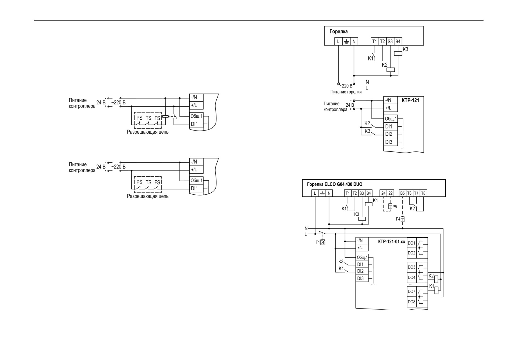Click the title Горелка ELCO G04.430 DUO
(335, 184)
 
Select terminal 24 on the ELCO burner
(383, 193)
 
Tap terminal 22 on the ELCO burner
(390, 193)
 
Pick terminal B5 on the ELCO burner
(402, 193)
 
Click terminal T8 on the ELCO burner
(423, 193)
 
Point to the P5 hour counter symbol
(390, 207)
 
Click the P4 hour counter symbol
(402, 219)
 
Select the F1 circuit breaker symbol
(323, 242)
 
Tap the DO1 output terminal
(412, 243)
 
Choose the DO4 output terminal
(412, 277)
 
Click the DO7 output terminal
(412, 291)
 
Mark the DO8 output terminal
(412, 302)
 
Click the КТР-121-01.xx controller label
(391, 242)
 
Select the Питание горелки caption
(346, 92)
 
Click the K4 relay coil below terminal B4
(369, 204)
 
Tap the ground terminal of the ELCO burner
(322, 193)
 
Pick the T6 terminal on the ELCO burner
(409, 193)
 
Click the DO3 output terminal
(412, 267)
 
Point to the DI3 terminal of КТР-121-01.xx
(360, 278)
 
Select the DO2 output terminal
(412, 253)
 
